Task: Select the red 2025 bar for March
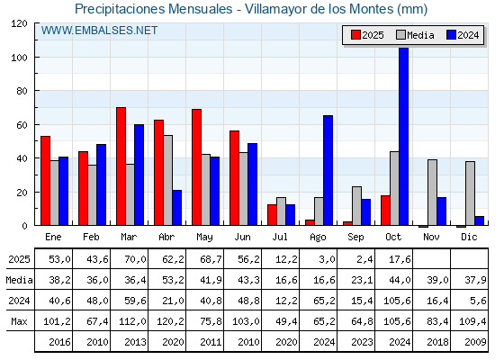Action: click(121, 166)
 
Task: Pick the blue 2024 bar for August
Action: click(328, 170)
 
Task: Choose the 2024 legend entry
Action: click(463, 35)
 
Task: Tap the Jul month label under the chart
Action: click(281, 237)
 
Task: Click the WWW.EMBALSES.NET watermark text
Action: click(99, 31)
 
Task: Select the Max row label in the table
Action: click(18, 321)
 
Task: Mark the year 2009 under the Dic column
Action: click(473, 342)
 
